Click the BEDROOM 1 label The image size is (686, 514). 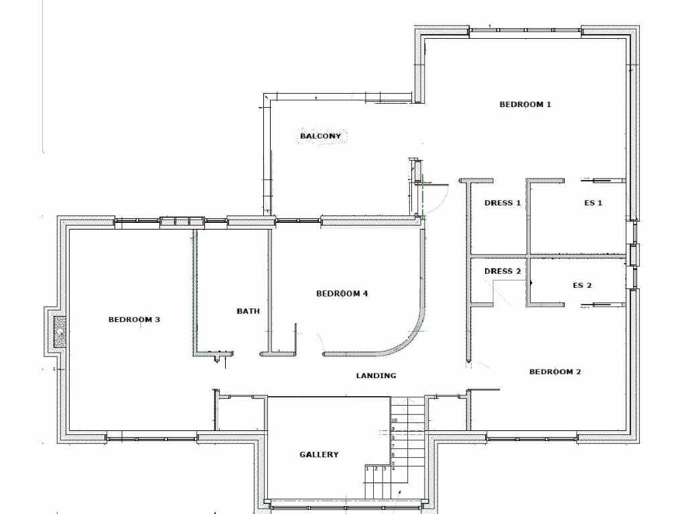525,104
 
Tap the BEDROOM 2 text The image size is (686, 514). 555,372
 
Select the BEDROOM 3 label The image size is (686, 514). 134,320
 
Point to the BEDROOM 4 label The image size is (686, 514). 342,294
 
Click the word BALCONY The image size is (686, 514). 320,137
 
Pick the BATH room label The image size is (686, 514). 248,311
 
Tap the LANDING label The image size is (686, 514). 376,376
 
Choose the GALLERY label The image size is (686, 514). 318,455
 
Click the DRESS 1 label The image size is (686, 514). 502,203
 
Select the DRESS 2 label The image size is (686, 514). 502,272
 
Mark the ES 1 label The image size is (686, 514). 593,203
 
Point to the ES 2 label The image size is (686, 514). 581,286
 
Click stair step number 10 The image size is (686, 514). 395,420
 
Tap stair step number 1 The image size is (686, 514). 368,468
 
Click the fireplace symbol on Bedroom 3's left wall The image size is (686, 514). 60,332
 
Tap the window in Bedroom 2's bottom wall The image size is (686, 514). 532,440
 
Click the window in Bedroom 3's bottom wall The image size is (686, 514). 151,440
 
